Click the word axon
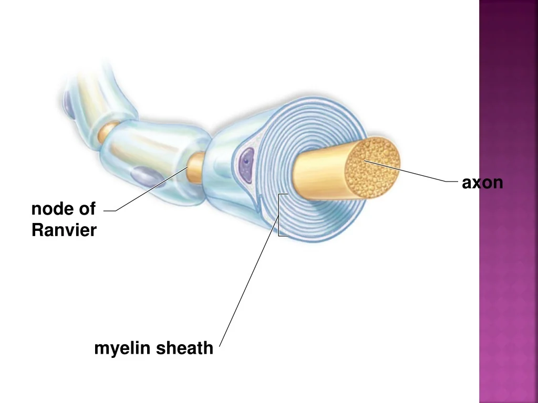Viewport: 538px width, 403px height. coord(482,183)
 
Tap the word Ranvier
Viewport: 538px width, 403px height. coord(64,230)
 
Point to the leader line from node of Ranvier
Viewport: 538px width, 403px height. coord(152,189)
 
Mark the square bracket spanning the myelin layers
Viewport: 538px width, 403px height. coord(280,215)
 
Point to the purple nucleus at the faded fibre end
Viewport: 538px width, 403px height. coord(69,103)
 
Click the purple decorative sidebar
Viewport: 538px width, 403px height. coord(509,201)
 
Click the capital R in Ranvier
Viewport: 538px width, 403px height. coord(37,230)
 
